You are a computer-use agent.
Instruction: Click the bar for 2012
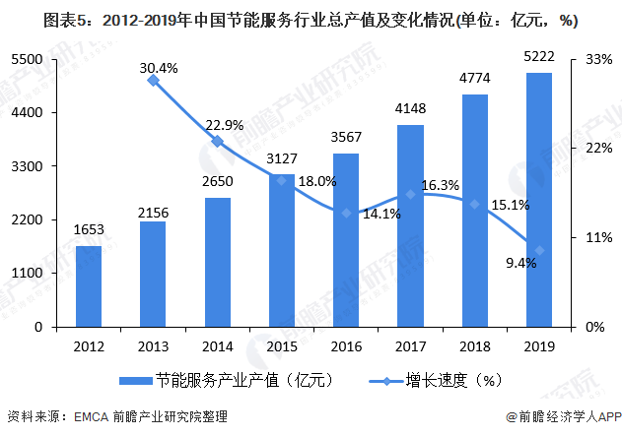[x=89, y=285]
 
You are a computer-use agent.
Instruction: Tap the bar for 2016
[x=346, y=240]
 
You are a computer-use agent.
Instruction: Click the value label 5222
[x=538, y=58]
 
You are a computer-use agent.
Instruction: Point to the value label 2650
[x=217, y=183]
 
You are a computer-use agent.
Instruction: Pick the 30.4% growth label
[x=159, y=68]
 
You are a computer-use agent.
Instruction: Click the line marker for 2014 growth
[x=218, y=141]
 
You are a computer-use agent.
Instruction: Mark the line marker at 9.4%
[x=538, y=250]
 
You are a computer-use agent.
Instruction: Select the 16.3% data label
[x=440, y=184]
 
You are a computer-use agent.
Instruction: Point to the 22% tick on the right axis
[x=599, y=148]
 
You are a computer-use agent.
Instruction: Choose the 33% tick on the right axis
[x=599, y=59]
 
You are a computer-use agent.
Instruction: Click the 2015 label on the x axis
[x=282, y=345]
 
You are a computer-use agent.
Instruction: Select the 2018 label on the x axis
[x=474, y=345]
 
